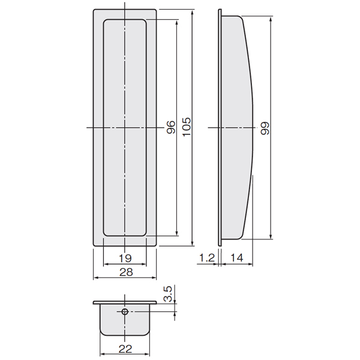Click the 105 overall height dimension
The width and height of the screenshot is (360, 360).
187,127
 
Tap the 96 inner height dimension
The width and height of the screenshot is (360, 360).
171,127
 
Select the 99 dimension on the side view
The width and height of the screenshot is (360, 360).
265,128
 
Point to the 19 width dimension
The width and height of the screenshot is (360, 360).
125,258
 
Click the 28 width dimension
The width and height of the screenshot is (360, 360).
126,272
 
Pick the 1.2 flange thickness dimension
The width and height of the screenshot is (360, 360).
207,258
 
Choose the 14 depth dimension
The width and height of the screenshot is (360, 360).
236,258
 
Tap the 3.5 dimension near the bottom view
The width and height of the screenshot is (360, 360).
168,293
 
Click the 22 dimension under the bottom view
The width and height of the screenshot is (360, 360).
125,349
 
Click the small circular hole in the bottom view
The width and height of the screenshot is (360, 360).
125,311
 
